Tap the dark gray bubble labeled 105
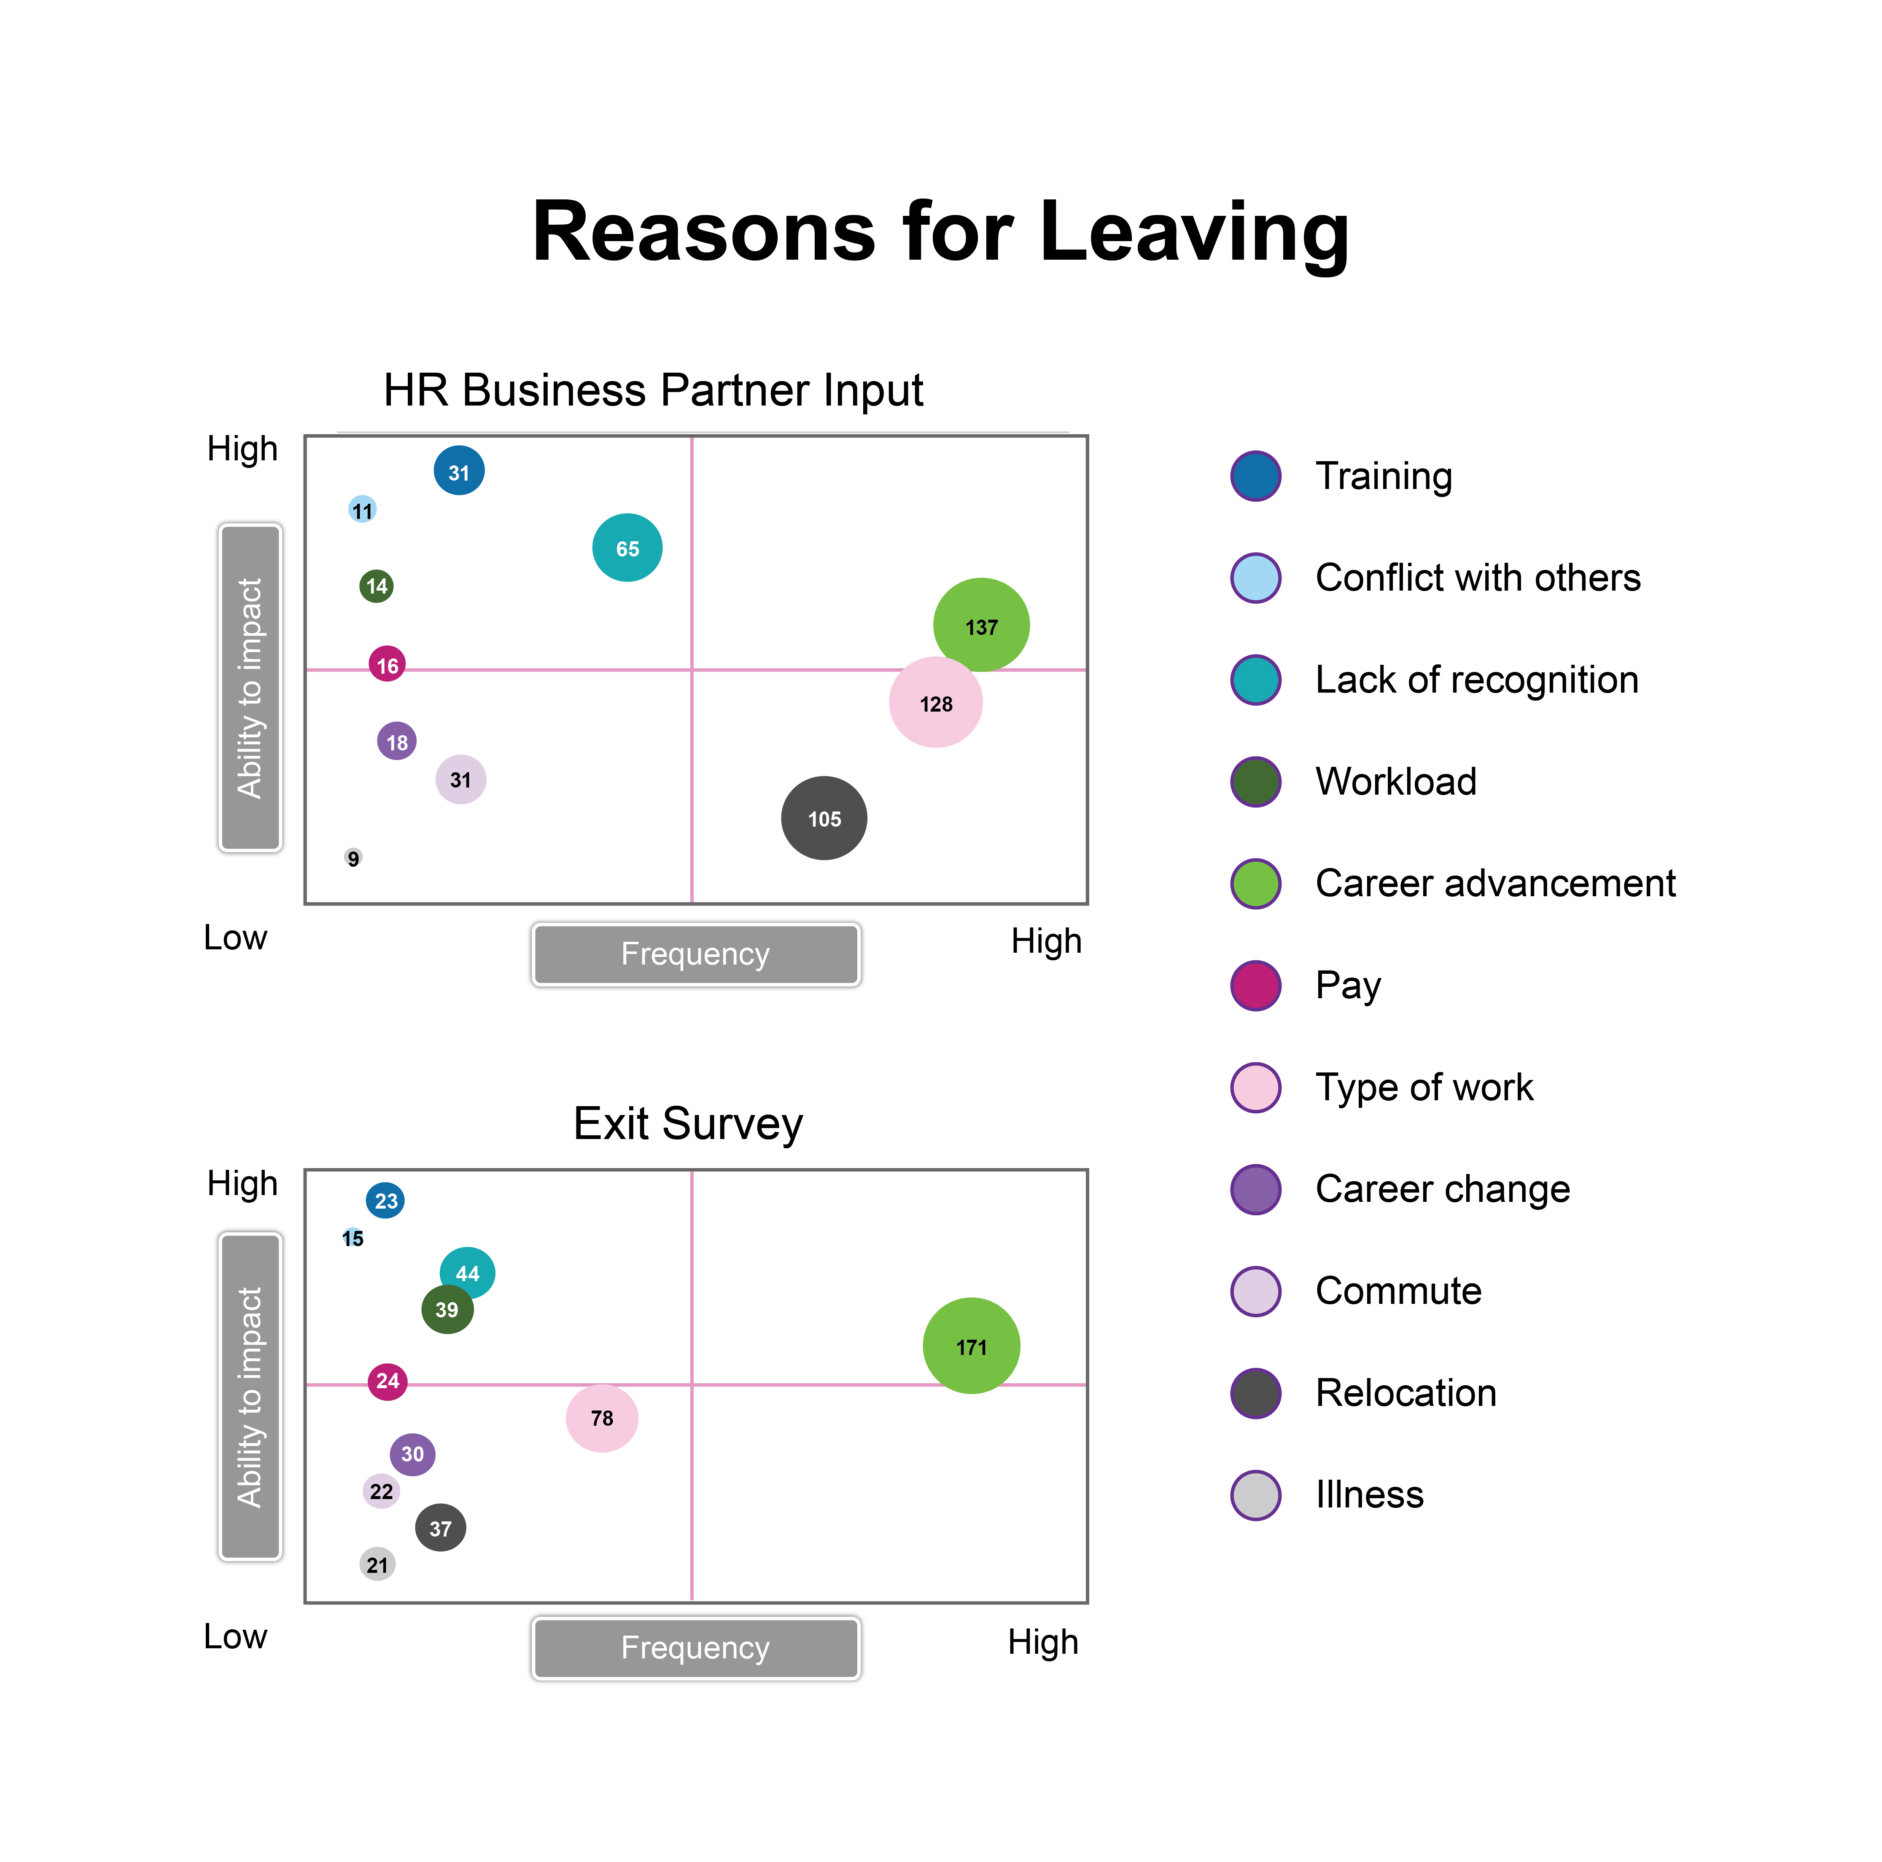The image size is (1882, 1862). click(824, 818)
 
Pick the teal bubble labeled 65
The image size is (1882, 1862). click(627, 547)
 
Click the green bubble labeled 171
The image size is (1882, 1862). click(971, 1346)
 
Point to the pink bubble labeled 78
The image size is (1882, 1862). click(602, 1418)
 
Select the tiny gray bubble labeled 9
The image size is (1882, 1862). click(353, 858)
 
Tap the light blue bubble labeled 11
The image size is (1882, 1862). click(362, 509)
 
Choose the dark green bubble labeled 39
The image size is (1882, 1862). click(447, 1309)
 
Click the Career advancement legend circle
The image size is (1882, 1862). click(1256, 883)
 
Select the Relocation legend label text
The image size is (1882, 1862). click(1405, 1393)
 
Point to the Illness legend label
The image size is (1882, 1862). click(1370, 1494)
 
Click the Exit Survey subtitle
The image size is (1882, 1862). click(688, 1124)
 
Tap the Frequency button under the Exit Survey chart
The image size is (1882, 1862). click(695, 1648)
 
